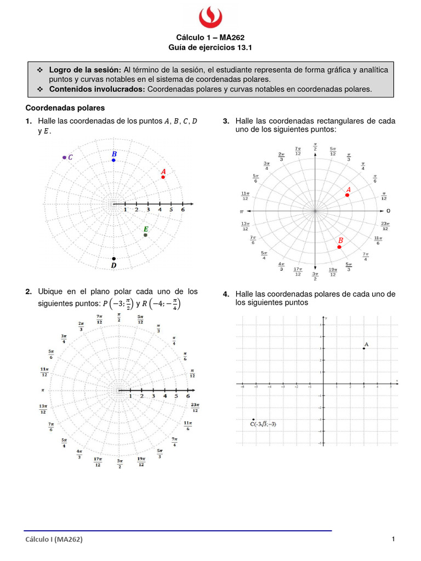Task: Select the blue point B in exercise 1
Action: tap(113, 160)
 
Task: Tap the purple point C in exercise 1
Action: tap(64, 157)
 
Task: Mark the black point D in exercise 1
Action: tap(113, 259)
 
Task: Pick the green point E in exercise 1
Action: tap(145, 235)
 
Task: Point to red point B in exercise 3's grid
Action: tap(339, 247)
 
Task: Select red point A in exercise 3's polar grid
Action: tap(347, 195)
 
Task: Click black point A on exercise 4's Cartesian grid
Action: tap(364, 348)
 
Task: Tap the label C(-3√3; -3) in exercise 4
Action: tap(263, 424)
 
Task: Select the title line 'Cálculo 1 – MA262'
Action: tap(210, 37)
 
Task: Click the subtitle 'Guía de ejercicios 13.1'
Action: tap(210, 48)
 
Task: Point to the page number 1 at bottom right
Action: tap(394, 539)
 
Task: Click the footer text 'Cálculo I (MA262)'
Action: tap(54, 540)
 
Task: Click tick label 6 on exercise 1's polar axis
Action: tap(183, 210)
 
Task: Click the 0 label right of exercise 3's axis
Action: tap(388, 211)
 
